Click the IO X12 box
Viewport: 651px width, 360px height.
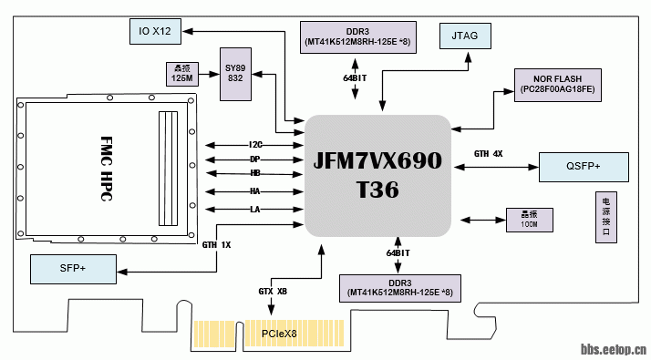coord(154,32)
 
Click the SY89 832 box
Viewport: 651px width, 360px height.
coord(235,73)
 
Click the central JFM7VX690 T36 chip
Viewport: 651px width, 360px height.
coord(377,175)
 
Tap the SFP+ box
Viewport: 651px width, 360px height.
coord(73,269)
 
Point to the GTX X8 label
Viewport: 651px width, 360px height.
coord(273,291)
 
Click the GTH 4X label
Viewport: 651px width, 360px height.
coord(488,153)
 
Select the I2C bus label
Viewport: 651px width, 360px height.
coord(255,145)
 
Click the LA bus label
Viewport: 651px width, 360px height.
coord(255,210)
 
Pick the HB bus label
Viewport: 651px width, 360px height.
coord(255,173)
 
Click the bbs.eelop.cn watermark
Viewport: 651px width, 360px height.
coord(614,347)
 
